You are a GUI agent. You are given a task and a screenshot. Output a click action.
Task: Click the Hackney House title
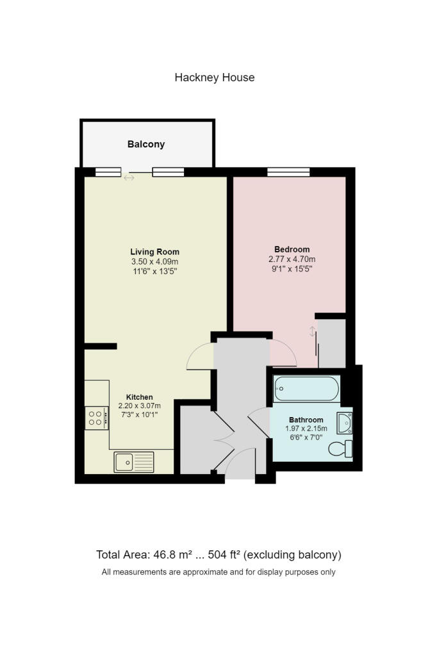point(214,78)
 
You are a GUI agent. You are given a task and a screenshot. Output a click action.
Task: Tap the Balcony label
point(146,144)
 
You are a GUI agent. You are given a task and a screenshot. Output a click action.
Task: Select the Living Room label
point(155,252)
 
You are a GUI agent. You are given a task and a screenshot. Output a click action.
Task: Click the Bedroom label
point(292,249)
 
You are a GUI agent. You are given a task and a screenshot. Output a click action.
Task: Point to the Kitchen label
point(140,397)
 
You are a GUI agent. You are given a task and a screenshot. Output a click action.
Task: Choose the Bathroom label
point(306,420)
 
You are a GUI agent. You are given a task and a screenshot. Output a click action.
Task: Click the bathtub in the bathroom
point(306,389)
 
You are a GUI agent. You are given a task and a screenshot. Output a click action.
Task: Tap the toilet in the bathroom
point(340,449)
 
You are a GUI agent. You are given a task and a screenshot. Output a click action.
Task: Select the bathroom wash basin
point(345,423)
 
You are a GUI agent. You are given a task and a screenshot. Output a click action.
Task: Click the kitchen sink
point(134,463)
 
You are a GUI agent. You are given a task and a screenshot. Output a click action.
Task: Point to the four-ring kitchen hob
point(97,418)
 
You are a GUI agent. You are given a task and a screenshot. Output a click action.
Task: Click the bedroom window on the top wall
point(288,172)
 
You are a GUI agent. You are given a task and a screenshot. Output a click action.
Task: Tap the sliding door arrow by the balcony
point(129,178)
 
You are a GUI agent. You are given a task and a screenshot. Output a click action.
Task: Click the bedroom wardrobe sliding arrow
point(312,332)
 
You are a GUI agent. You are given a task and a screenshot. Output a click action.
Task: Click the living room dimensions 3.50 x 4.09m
point(155,261)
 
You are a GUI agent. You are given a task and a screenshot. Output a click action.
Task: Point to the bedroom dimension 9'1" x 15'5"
point(292,268)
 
